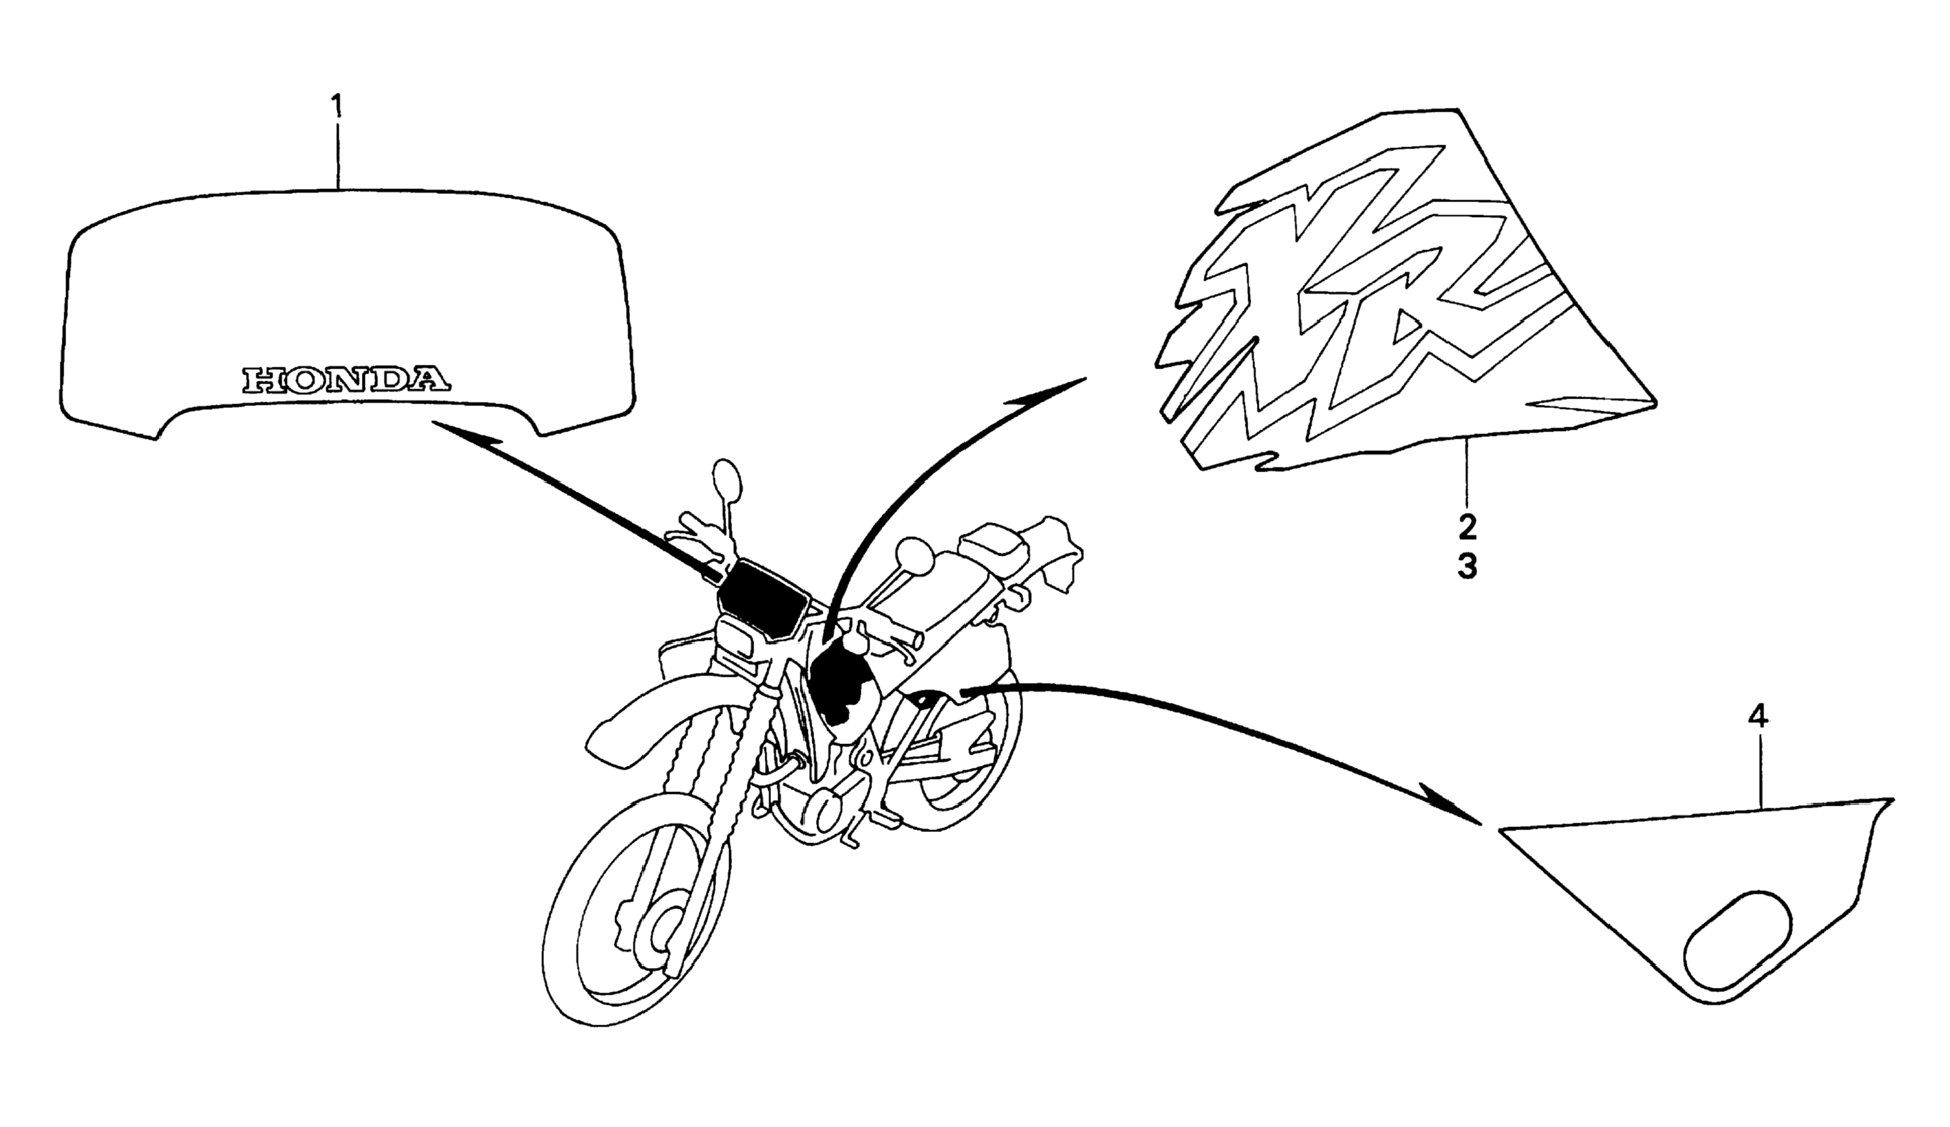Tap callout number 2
tap(1467, 528)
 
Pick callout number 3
tap(1467, 567)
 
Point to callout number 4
tap(1757, 717)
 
